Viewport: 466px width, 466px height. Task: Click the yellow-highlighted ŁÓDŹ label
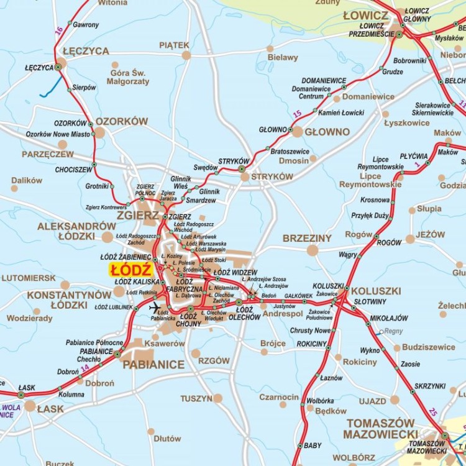(131, 270)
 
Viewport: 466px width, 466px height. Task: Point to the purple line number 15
(297, 114)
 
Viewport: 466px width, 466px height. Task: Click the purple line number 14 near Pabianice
(85, 368)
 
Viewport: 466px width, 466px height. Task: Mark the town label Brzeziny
(307, 238)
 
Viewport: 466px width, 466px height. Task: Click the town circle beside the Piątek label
(186, 55)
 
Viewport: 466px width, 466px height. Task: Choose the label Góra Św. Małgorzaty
(128, 77)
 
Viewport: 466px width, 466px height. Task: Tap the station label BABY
(313, 445)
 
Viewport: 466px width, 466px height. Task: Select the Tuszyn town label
(196, 398)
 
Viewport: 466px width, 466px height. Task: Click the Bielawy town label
(283, 58)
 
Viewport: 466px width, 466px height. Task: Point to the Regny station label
(393, 332)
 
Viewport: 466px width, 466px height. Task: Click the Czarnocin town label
(279, 397)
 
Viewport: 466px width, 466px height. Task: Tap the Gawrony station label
(86, 25)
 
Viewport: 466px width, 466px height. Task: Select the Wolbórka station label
(320, 401)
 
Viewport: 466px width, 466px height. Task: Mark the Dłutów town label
(168, 439)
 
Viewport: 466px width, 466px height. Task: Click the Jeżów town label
(431, 235)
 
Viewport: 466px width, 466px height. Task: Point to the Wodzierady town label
(30, 318)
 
